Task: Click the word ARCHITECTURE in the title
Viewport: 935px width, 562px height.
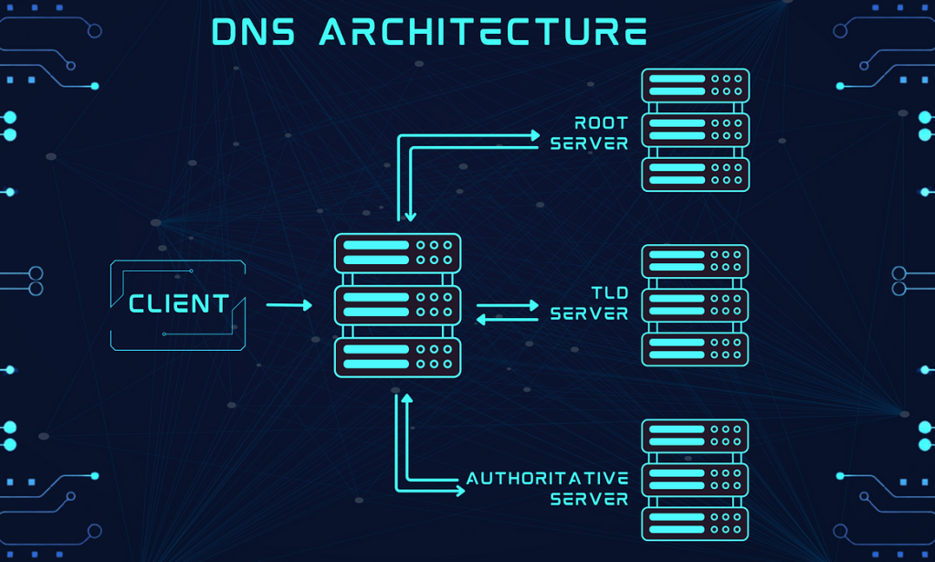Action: pos(483,31)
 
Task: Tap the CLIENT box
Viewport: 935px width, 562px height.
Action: pos(178,304)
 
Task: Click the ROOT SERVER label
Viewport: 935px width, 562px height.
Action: pos(590,133)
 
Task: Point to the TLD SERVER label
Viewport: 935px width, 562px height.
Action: pos(590,303)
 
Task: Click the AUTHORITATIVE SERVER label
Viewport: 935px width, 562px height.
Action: pos(548,489)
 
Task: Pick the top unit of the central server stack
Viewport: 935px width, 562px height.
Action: pos(397,252)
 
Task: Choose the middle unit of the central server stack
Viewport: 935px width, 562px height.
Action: pos(397,304)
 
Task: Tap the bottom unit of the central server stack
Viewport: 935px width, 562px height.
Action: pos(397,357)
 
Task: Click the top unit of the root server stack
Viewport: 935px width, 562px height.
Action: pos(695,86)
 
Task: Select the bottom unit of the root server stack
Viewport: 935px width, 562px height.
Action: pos(695,174)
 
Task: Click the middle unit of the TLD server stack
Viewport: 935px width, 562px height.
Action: pos(695,305)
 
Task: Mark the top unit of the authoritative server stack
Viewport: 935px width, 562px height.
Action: pos(695,436)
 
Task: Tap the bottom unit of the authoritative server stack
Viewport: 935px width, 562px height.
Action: pos(695,524)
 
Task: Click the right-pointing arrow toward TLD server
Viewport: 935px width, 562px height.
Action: pos(508,306)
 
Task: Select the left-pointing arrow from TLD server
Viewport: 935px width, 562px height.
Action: pos(508,319)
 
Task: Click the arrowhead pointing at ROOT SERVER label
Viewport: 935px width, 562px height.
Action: pos(534,135)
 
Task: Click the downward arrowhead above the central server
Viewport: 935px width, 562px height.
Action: pos(411,216)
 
